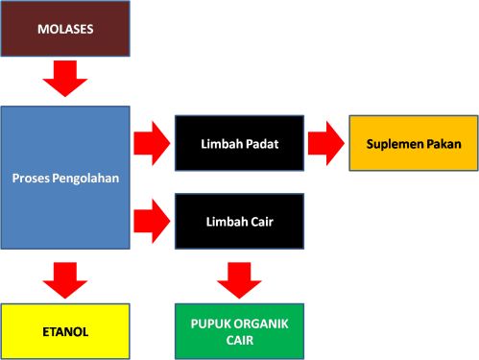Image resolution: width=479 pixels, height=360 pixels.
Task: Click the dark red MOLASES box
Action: (x=65, y=28)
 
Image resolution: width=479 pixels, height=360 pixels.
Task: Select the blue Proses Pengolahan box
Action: (x=65, y=178)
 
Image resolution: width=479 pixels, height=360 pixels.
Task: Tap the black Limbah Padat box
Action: (x=239, y=144)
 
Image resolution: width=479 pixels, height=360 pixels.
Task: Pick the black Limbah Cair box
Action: (x=239, y=221)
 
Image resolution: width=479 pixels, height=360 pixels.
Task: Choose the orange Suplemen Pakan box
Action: (x=414, y=144)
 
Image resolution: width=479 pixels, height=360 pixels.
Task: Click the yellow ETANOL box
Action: (x=65, y=331)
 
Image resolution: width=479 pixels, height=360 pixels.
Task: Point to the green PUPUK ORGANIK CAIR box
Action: (x=239, y=331)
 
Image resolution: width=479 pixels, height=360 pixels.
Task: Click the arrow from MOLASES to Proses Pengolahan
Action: (x=65, y=81)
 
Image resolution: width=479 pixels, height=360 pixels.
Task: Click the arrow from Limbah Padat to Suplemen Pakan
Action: (x=326, y=144)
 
